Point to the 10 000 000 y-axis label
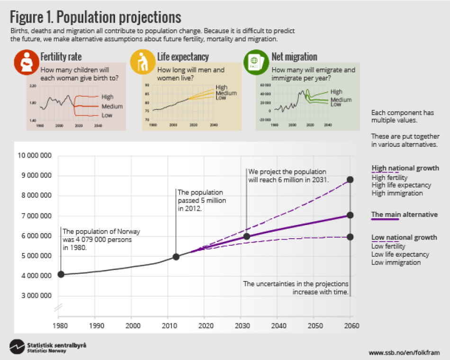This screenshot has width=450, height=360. click(x=35, y=155)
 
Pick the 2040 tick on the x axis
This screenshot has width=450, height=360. click(x=278, y=326)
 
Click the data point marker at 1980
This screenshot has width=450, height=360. click(x=61, y=274)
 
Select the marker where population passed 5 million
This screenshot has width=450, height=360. click(x=176, y=256)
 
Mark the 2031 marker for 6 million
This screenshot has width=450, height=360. click(x=246, y=236)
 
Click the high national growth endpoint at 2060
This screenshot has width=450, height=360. click(x=350, y=180)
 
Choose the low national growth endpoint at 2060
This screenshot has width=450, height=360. click(x=350, y=236)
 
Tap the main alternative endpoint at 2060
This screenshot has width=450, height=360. click(x=350, y=215)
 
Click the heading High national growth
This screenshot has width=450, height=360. click(x=405, y=168)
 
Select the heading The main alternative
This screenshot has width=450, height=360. click(x=404, y=215)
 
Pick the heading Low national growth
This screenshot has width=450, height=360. click(x=404, y=237)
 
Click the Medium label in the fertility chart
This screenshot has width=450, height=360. click(x=112, y=106)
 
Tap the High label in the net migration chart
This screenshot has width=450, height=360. click(x=336, y=91)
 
